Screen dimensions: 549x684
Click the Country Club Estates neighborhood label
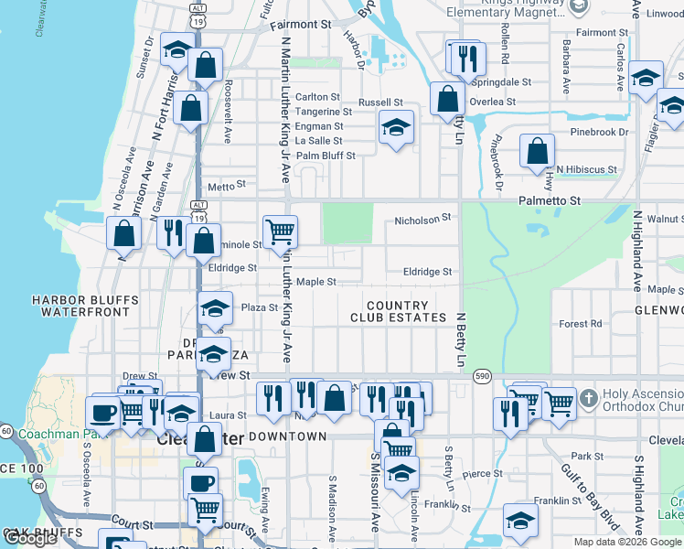397,311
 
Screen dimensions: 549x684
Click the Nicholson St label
423,220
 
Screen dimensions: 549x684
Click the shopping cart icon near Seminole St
280,230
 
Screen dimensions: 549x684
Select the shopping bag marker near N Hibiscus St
538,150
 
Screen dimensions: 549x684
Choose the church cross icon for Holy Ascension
588,398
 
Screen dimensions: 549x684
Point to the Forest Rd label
581,323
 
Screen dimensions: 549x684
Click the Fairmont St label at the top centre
305,25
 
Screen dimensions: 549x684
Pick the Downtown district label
287,436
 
